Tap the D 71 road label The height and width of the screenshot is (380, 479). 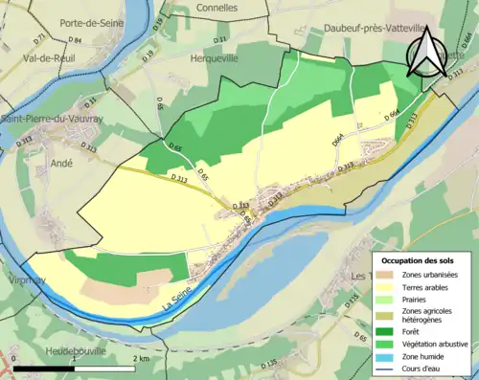pos(39,39)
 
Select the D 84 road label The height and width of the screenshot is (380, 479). pos(76,39)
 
